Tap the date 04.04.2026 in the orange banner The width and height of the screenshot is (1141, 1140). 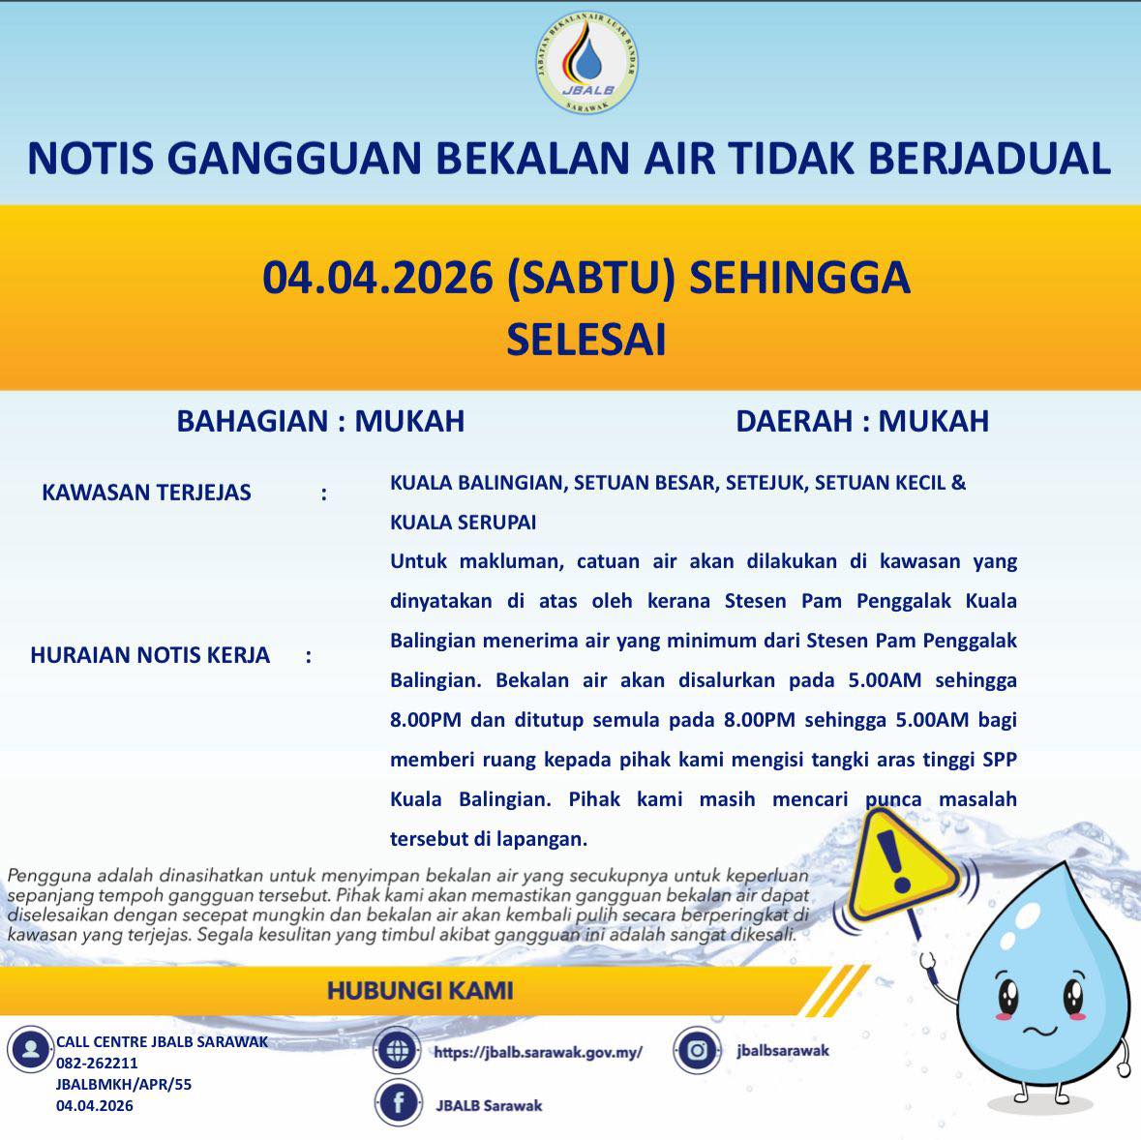[377, 278]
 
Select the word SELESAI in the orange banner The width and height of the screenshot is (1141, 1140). [586, 340]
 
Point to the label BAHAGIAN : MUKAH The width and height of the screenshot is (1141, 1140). [320, 421]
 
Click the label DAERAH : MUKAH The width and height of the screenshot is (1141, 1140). [862, 421]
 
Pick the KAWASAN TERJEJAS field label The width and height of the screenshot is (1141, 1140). [146, 493]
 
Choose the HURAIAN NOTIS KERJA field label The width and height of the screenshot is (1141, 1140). [150, 655]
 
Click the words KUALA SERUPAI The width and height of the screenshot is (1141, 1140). [463, 523]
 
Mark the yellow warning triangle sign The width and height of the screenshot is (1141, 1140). [903, 863]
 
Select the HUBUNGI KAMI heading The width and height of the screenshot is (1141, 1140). [420, 990]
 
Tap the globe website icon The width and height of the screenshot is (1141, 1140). [397, 1051]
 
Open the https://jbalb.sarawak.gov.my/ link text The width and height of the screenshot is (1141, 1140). [538, 1052]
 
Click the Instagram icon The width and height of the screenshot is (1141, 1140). [697, 1050]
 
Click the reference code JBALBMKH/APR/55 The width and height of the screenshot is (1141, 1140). [124, 1084]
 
